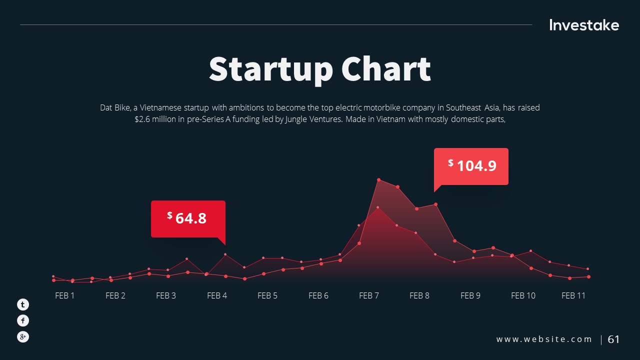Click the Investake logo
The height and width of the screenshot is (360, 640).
coord(584,25)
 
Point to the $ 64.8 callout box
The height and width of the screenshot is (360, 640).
coord(188,218)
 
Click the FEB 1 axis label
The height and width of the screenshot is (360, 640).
coord(64,295)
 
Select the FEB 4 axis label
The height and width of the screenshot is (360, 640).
coord(217,295)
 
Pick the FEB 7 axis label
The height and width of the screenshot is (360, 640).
coord(369,295)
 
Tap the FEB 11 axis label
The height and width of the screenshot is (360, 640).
coord(573,295)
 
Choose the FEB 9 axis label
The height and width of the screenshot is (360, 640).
coord(470,295)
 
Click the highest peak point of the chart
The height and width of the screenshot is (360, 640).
coord(379,179)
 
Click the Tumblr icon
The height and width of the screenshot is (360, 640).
coord(23,304)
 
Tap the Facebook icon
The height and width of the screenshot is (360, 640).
coord(23,320)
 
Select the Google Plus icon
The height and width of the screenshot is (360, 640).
coord(23,337)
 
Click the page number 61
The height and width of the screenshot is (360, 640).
coord(613,339)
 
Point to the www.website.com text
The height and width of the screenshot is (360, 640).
coord(544,339)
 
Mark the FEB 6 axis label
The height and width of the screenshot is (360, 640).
coord(318,295)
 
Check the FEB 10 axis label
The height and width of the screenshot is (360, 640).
coord(523,295)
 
